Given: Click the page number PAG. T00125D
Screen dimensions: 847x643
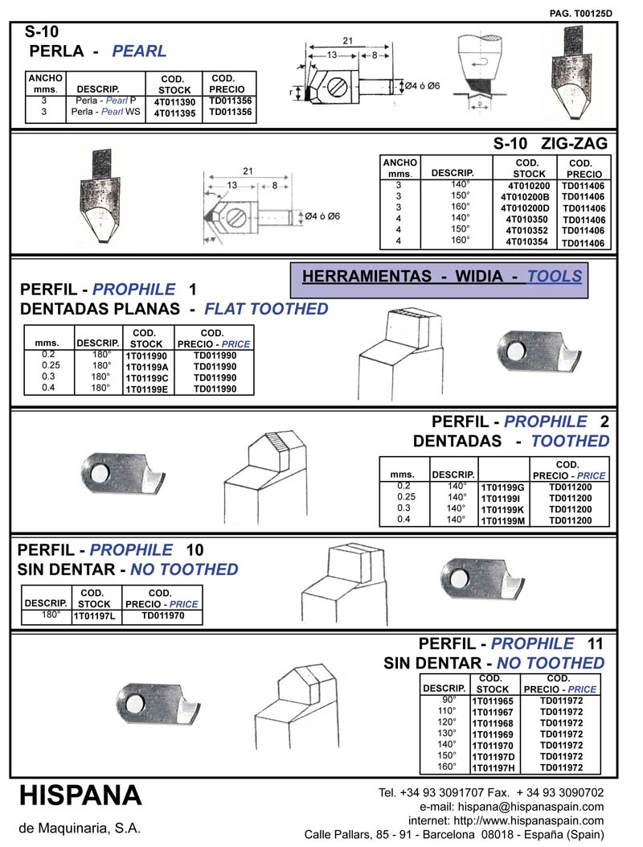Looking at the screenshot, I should click(x=581, y=13).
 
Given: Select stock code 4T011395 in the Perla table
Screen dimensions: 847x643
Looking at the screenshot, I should click(x=174, y=114).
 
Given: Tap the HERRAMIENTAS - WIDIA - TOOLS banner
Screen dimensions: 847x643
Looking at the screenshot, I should click(x=441, y=277).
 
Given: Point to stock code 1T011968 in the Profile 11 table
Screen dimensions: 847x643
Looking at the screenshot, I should click(x=492, y=723).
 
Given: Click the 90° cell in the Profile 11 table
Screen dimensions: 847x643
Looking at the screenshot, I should click(x=446, y=701).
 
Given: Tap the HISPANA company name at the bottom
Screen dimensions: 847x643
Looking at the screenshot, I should click(x=80, y=796).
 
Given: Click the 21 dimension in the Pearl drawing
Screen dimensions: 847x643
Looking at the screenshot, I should click(x=347, y=40).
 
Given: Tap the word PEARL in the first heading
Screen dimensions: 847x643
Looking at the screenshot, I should click(x=139, y=51).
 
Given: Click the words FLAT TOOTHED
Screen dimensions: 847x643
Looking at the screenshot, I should click(x=266, y=309).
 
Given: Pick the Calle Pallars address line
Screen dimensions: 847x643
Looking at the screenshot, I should click(x=454, y=834).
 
